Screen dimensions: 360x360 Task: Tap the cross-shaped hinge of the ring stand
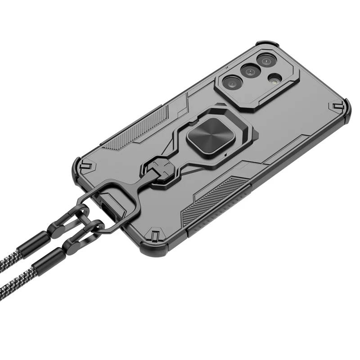161,169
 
